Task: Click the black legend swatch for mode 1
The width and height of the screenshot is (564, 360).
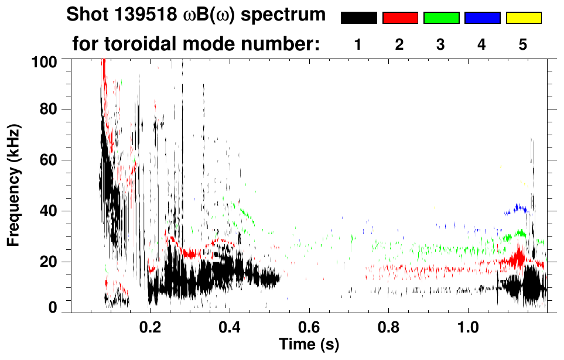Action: (359, 18)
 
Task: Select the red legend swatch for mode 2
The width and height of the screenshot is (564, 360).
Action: (400, 18)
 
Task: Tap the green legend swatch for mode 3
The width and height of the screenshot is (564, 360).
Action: (441, 18)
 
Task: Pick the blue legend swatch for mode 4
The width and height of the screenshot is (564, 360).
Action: (482, 18)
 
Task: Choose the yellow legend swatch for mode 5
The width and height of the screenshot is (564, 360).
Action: (523, 18)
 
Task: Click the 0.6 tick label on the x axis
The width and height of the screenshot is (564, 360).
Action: (309, 326)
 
